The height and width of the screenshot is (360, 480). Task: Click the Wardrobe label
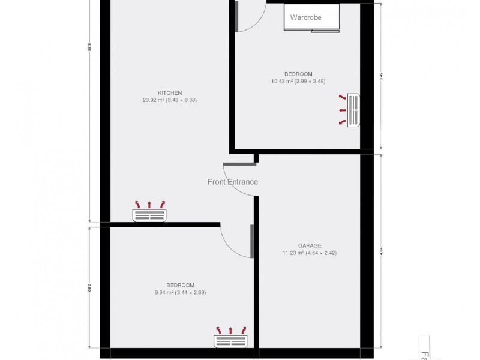(x=305, y=18)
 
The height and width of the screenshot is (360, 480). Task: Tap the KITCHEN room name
(x=170, y=93)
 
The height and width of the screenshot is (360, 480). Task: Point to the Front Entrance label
(x=233, y=182)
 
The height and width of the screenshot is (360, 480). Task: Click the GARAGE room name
(x=310, y=245)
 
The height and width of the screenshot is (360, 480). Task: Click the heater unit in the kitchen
(x=150, y=215)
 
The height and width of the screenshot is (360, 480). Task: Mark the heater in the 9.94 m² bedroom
(x=230, y=341)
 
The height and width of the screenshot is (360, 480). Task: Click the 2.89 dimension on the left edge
(x=89, y=287)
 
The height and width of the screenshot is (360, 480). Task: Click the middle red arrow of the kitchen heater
(x=150, y=204)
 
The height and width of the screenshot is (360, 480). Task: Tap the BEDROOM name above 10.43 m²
(x=298, y=74)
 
